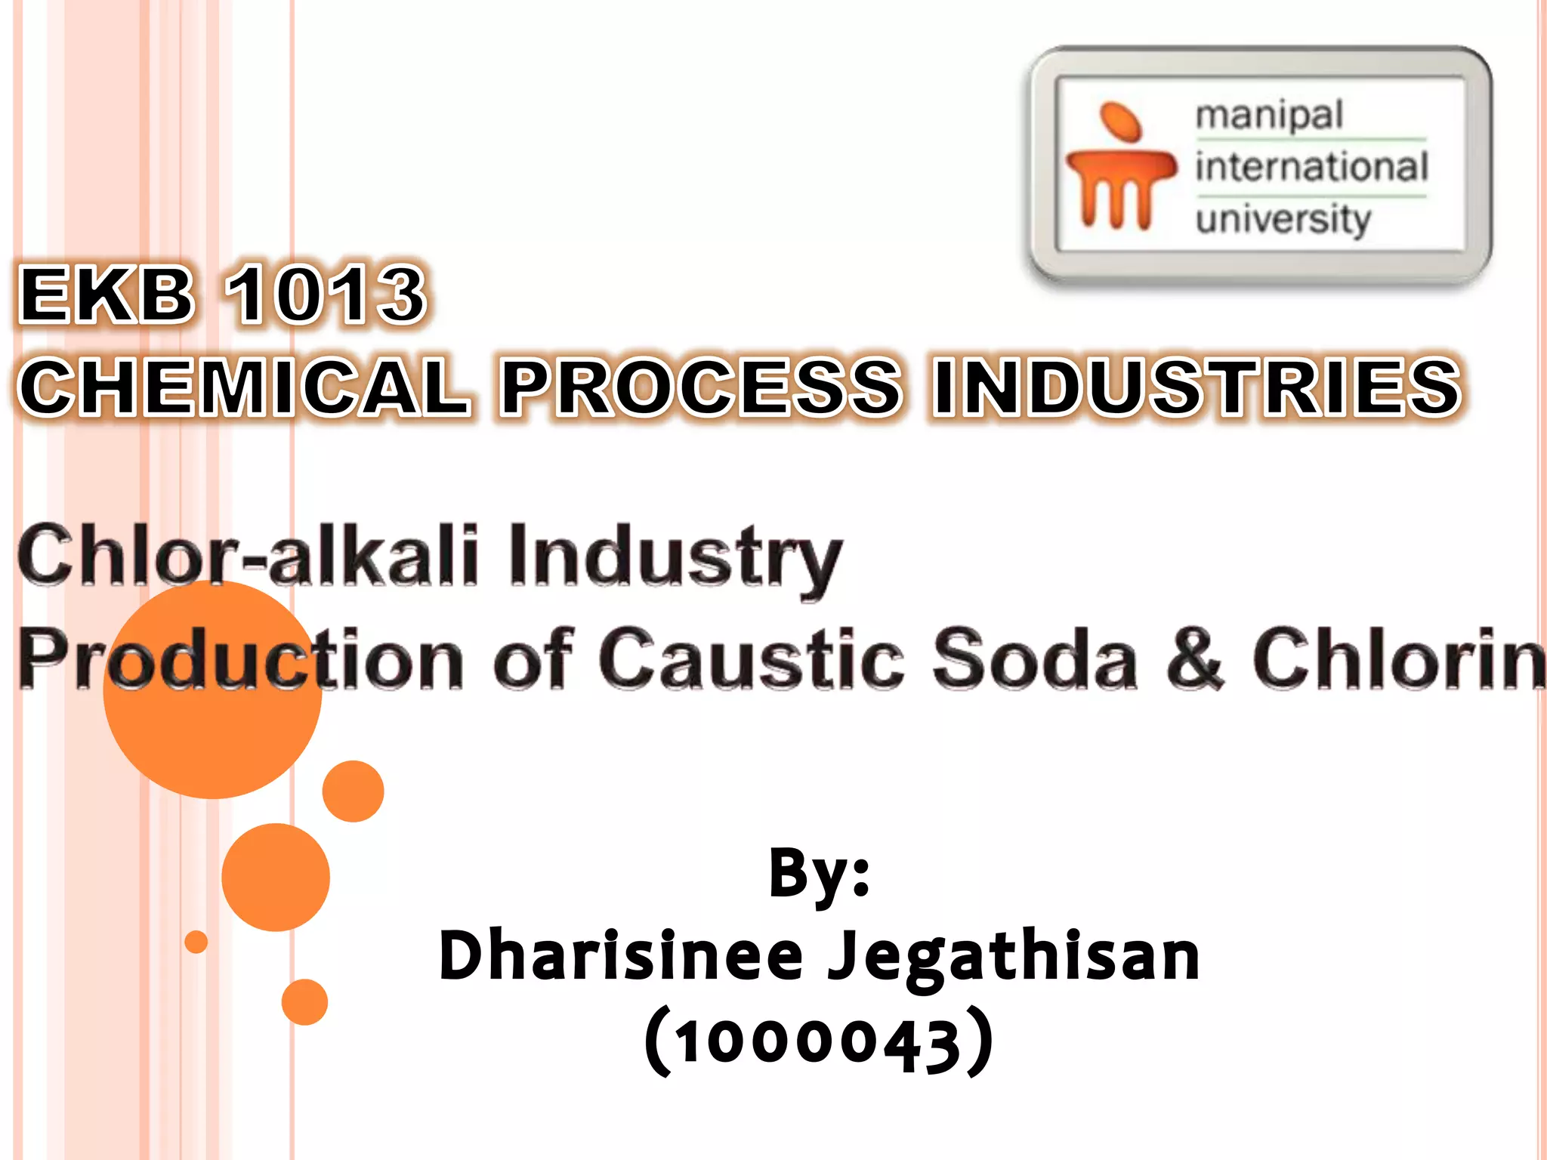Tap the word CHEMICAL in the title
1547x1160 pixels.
[245, 387]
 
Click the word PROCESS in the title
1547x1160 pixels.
[701, 387]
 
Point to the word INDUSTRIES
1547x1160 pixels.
[1197, 387]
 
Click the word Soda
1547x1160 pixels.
[1035, 659]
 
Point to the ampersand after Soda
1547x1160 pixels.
[1194, 659]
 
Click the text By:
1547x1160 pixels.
[820, 874]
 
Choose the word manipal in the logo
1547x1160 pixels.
[1269, 116]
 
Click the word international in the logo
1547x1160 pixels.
[1311, 167]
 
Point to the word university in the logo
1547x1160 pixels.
[1283, 219]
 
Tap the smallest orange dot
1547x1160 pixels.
[196, 942]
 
